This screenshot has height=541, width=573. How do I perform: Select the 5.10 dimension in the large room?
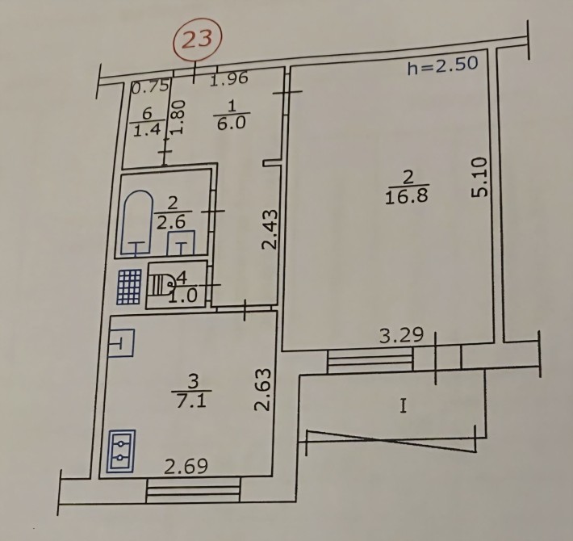click(480, 178)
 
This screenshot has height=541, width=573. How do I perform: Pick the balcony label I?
click(402, 406)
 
